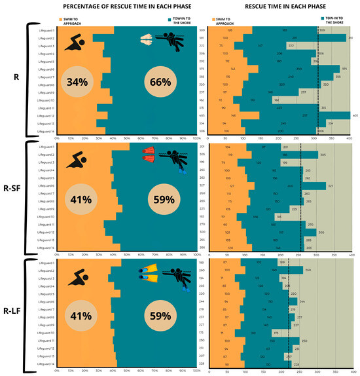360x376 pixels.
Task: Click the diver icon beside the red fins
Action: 175,157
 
